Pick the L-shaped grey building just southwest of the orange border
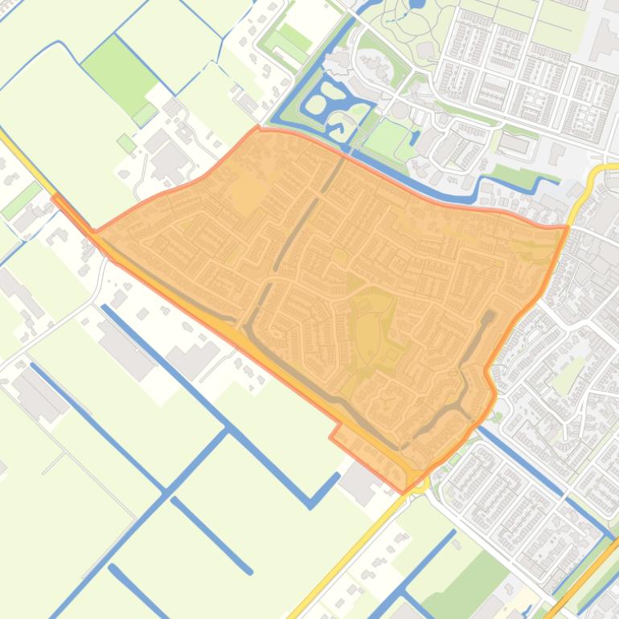198,357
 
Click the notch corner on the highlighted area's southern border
330,438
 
